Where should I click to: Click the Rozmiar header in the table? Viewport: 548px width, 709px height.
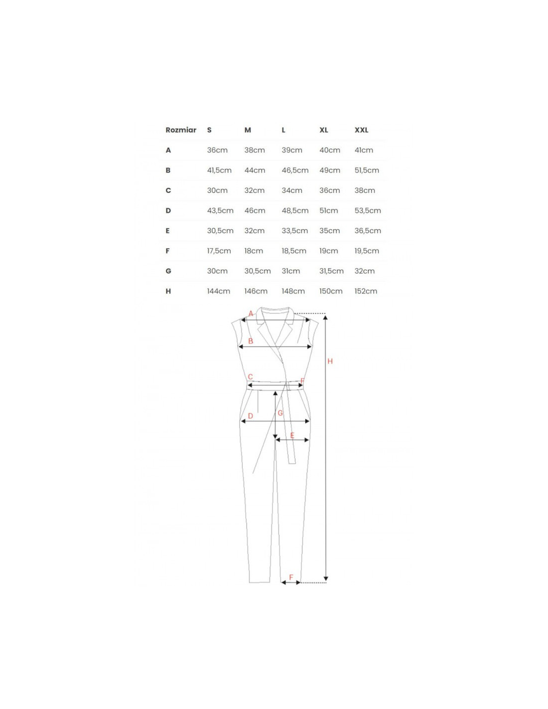[181, 130]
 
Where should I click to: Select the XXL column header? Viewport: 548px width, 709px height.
[361, 130]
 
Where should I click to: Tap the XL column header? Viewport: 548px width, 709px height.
[323, 130]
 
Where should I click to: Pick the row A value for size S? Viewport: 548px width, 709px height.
[217, 150]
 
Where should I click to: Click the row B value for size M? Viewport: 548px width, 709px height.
[255, 171]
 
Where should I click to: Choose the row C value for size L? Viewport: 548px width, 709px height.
[292, 190]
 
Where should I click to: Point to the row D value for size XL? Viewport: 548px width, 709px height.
[329, 210]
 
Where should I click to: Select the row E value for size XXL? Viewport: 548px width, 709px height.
[368, 231]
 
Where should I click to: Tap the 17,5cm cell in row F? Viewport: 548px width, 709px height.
[219, 251]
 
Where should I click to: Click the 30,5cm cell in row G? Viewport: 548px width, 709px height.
[258, 271]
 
